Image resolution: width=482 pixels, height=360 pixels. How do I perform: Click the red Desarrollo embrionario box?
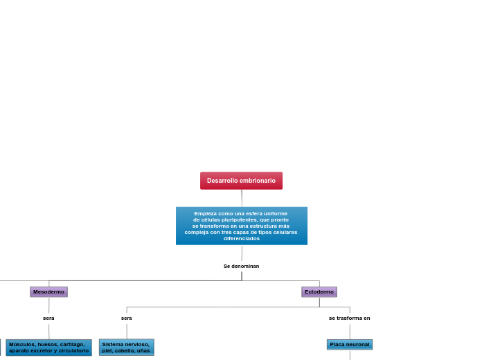[x=241, y=181]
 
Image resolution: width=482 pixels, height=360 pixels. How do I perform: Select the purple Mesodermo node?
[x=48, y=292]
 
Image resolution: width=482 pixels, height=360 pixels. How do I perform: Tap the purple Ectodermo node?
[x=319, y=292]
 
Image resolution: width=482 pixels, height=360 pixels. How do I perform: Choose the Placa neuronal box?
[x=350, y=344]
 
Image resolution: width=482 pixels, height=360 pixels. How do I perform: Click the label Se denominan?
[x=241, y=266]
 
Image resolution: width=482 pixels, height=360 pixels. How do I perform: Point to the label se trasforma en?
[x=349, y=318]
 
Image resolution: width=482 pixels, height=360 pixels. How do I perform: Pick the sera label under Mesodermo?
[x=48, y=318]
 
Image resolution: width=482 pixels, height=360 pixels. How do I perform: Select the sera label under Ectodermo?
[x=126, y=318]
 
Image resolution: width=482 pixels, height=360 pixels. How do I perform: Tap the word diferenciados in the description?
[x=241, y=238]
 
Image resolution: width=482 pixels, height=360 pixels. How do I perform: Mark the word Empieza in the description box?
[x=205, y=213]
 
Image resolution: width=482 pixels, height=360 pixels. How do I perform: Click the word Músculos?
[x=22, y=344]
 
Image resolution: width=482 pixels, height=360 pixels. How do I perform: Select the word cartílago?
[x=71, y=344]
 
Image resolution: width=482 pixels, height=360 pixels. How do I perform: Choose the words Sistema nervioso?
[x=125, y=344]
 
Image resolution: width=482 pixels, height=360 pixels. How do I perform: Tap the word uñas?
[x=143, y=350]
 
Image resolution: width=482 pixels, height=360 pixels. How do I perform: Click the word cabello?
[x=125, y=350]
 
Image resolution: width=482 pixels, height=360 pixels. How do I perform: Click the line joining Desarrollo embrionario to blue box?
[x=242, y=198]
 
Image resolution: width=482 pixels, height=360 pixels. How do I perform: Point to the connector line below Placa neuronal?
[x=350, y=355]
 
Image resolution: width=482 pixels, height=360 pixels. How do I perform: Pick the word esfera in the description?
[x=253, y=213]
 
